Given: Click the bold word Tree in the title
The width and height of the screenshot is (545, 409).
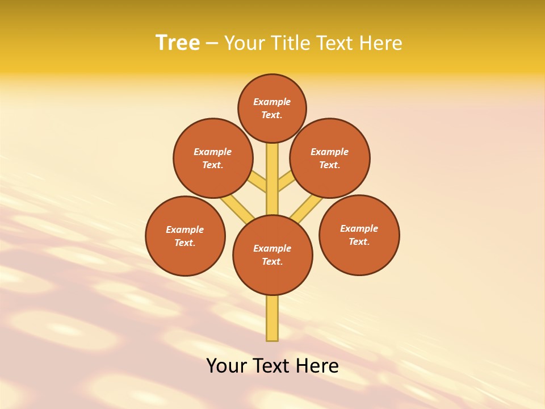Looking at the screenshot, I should pyautogui.click(x=178, y=43).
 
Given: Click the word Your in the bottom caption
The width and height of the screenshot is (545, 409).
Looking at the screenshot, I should pyautogui.click(x=227, y=366).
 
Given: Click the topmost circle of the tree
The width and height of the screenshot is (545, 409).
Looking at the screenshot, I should pyautogui.click(x=272, y=108).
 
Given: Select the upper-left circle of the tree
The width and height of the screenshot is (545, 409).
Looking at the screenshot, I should pyautogui.click(x=213, y=158).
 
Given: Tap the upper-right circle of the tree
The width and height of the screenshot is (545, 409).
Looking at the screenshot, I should pyautogui.click(x=330, y=158).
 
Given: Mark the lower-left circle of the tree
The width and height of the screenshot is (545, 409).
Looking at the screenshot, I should pyautogui.click(x=185, y=236).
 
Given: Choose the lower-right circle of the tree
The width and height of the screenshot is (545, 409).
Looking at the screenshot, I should pyautogui.click(x=359, y=235).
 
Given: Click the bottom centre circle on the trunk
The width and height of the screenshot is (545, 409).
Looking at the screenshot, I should pyautogui.click(x=272, y=254).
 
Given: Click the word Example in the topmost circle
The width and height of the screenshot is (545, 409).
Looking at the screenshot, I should pyautogui.click(x=272, y=102).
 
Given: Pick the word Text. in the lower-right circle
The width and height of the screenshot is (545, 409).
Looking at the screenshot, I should pyautogui.click(x=359, y=241).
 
